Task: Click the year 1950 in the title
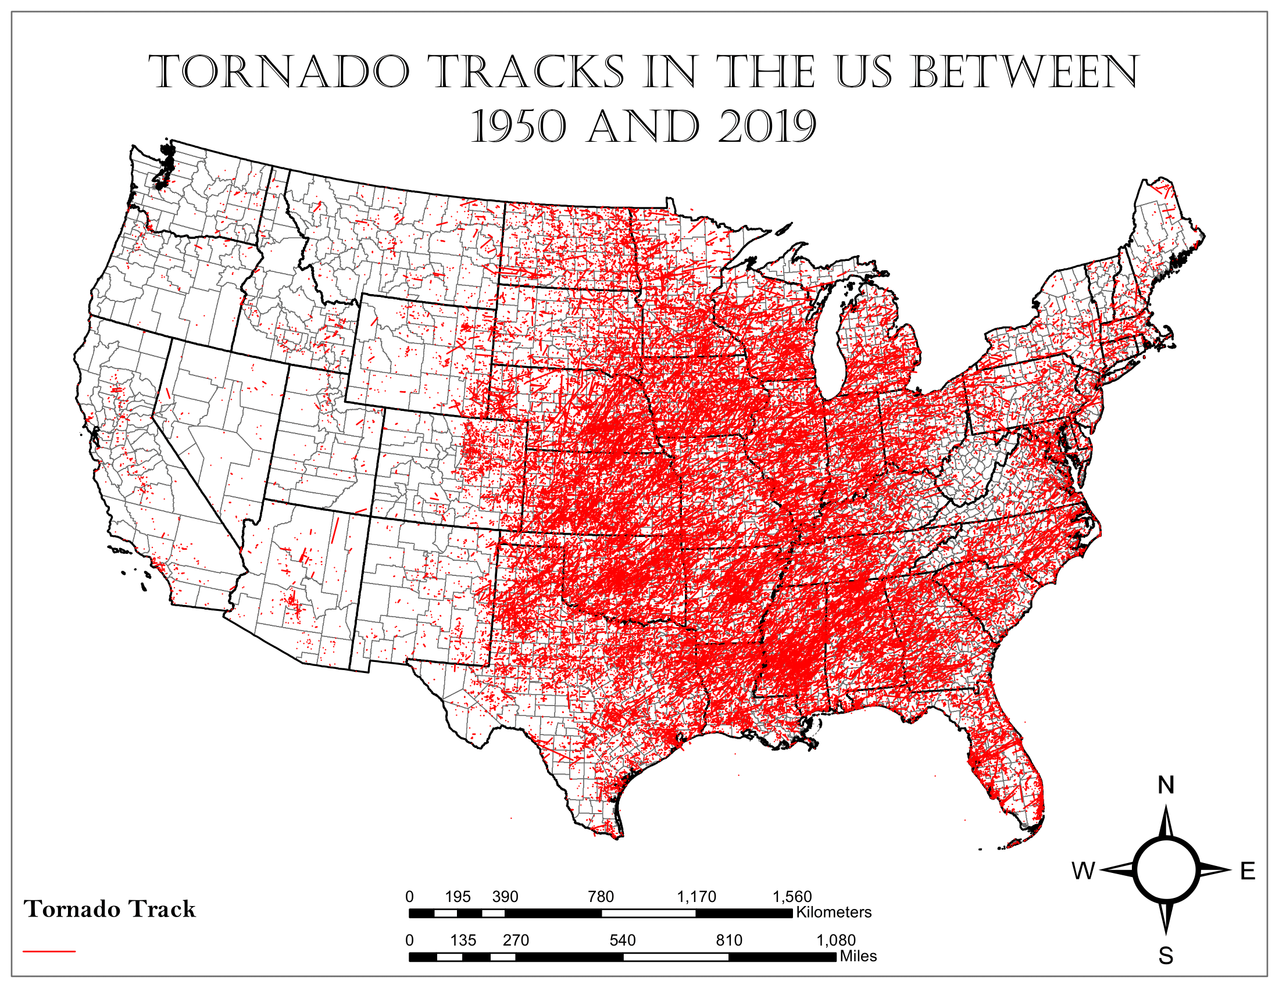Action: (x=519, y=127)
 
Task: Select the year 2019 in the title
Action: (x=767, y=127)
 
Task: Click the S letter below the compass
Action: (x=1166, y=956)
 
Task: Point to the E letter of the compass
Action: (x=1248, y=871)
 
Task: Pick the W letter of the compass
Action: (x=1083, y=871)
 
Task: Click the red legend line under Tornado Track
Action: (x=49, y=951)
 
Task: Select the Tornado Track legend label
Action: (x=109, y=909)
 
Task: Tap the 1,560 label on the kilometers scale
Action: (x=792, y=897)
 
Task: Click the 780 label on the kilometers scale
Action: (x=601, y=897)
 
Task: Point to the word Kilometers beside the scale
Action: (x=833, y=912)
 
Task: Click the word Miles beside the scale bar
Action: (x=858, y=957)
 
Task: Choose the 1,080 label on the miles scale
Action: (x=835, y=940)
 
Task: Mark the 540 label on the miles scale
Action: (x=622, y=940)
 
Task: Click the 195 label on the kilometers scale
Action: (x=458, y=897)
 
